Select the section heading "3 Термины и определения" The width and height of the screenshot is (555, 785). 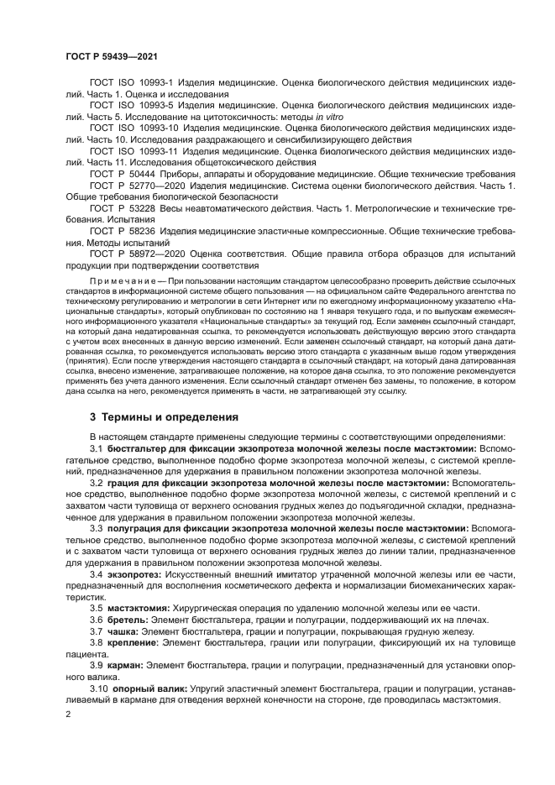point(164,416)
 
